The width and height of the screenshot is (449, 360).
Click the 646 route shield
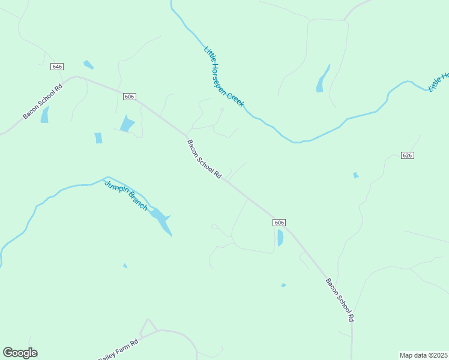[58, 67]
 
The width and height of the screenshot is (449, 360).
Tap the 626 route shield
[408, 155]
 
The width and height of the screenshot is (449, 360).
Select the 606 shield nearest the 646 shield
[130, 97]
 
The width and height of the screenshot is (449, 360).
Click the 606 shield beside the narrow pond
[279, 223]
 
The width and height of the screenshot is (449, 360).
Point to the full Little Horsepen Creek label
[223, 77]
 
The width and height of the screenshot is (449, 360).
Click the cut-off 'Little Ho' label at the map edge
[438, 82]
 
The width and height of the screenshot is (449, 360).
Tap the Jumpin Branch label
[126, 195]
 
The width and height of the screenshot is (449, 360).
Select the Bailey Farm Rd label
[118, 349]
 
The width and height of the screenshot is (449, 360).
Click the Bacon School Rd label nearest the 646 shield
[43, 101]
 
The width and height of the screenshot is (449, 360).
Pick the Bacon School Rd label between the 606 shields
[205, 160]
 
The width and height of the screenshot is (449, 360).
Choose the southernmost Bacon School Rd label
[340, 299]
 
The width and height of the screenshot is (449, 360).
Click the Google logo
[20, 353]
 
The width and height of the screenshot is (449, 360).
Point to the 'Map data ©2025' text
[424, 355]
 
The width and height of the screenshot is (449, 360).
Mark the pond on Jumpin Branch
[161, 220]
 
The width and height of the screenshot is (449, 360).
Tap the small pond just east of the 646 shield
[88, 64]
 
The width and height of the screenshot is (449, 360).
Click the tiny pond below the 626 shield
[356, 175]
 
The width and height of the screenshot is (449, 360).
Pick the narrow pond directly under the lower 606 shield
[280, 238]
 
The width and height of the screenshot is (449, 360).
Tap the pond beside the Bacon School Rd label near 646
[45, 115]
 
